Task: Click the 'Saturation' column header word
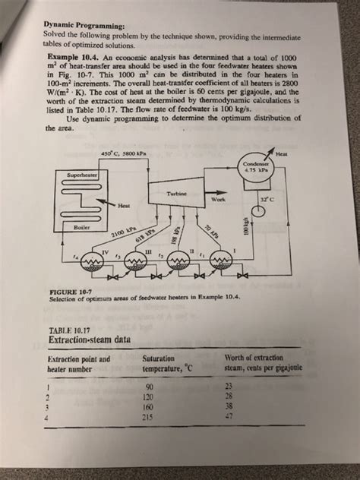[x=157, y=357]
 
